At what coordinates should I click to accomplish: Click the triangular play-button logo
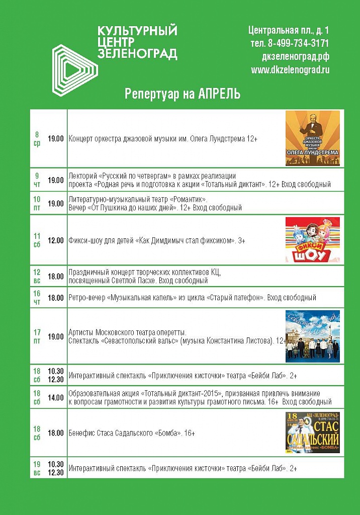point(75,69)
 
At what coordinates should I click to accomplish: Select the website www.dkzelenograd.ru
point(290,70)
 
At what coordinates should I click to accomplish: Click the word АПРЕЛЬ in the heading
point(219,94)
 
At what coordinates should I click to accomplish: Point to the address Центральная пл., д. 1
point(289,30)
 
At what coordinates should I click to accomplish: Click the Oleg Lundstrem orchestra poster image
point(312,138)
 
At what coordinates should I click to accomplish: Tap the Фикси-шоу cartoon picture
point(312,240)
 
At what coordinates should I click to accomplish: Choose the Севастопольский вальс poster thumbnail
point(312,336)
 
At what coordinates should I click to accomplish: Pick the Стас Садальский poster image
point(312,433)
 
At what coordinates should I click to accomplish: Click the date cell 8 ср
point(37,138)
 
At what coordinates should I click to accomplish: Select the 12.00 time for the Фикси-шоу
point(56,241)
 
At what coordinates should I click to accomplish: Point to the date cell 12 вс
point(37,276)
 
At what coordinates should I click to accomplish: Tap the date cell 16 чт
point(37,297)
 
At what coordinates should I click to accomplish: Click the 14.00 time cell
point(56,397)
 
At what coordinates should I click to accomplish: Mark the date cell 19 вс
point(37,468)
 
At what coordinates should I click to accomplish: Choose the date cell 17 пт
point(37,336)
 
